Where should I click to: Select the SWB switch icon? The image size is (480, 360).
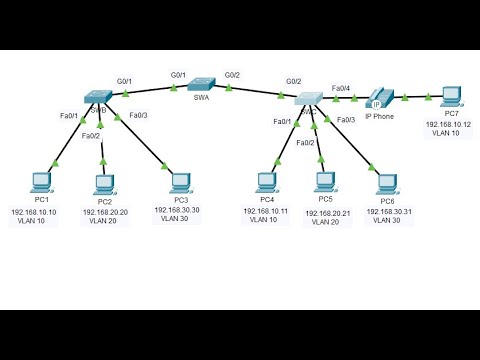[x=99, y=97]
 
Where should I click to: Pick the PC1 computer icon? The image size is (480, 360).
[x=41, y=182]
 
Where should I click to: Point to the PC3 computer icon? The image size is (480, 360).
[x=179, y=182]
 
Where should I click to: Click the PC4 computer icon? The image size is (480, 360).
[x=266, y=182]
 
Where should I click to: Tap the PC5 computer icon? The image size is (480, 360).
[x=325, y=182]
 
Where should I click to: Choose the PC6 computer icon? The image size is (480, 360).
[x=385, y=182]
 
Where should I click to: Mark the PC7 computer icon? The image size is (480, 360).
[x=451, y=97]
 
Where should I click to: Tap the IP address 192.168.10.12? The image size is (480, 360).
[x=449, y=125]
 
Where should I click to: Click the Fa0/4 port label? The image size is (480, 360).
[x=341, y=88]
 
